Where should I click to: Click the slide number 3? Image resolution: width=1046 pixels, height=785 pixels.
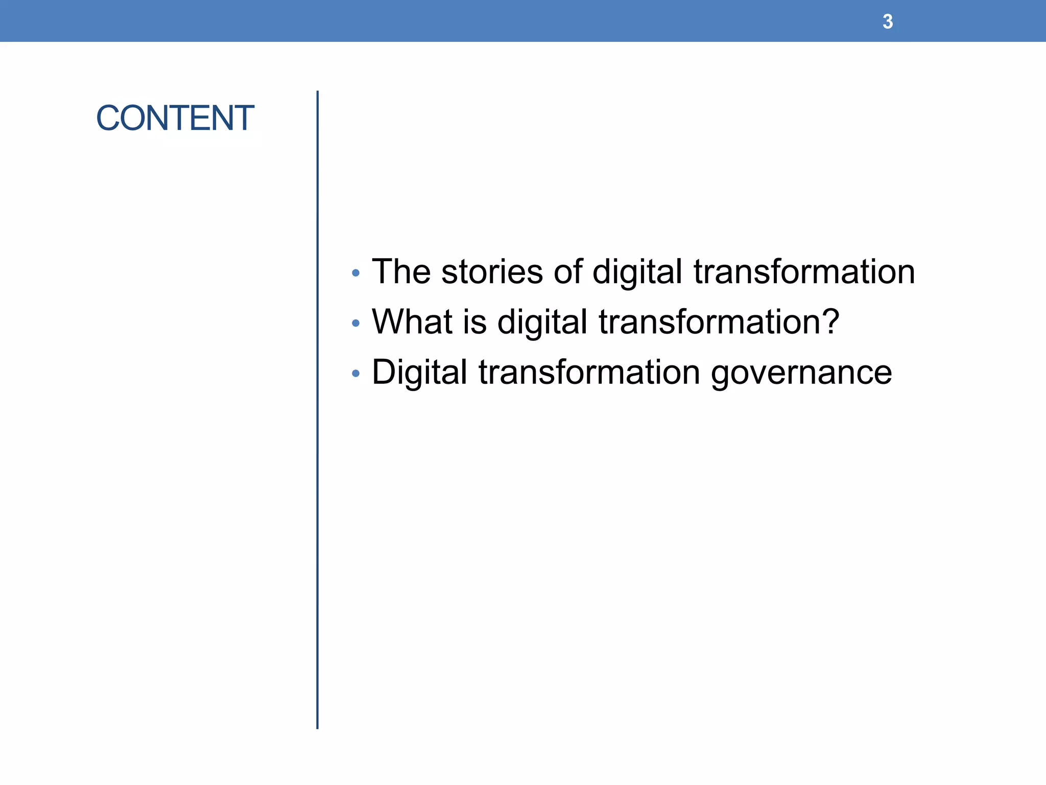click(888, 21)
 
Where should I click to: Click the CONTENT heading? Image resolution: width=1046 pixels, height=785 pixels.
click(175, 118)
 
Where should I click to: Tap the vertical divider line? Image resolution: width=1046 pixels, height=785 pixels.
click(317, 409)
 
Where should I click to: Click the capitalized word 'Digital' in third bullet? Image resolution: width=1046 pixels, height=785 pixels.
click(419, 372)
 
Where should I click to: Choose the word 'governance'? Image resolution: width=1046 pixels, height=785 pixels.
click(801, 373)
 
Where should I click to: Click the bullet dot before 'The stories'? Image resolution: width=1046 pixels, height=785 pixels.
click(356, 273)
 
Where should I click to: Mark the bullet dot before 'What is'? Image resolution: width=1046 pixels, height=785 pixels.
click(356, 323)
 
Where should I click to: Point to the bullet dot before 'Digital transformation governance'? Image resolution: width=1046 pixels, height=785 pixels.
click(356, 374)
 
